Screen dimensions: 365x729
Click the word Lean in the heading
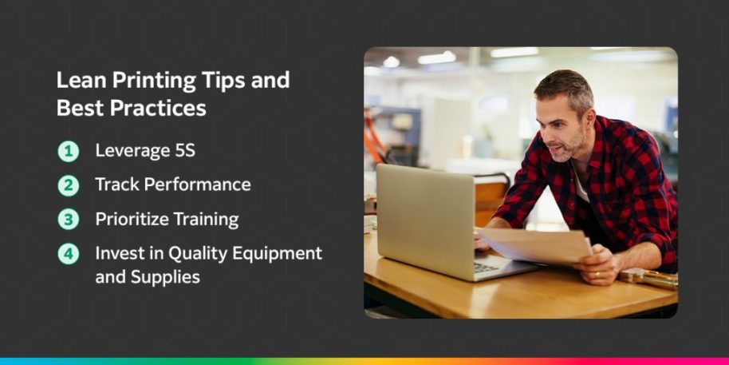point(77,81)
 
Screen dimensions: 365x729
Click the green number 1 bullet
point(69,150)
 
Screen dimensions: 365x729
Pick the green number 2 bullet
point(69,184)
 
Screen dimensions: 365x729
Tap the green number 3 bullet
point(69,219)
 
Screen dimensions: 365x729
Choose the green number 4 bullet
point(69,253)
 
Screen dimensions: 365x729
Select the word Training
point(207,219)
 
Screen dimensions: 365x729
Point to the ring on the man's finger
point(599,274)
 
